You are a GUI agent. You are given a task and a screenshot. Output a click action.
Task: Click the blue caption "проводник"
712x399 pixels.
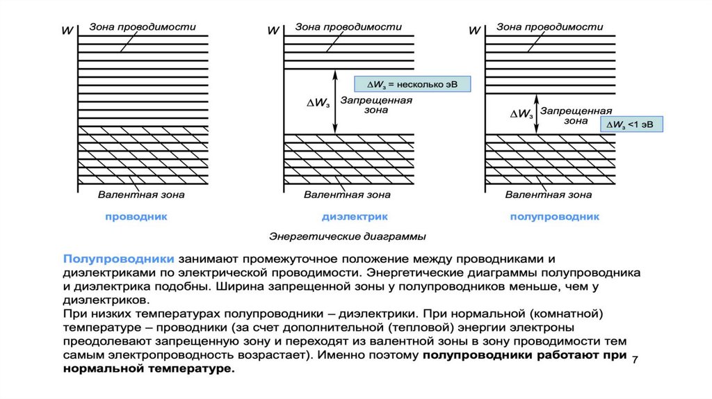[136, 217]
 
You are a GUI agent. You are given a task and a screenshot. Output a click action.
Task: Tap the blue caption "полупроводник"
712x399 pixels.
[554, 217]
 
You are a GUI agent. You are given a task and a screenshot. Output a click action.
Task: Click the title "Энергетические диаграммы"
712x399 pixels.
[348, 236]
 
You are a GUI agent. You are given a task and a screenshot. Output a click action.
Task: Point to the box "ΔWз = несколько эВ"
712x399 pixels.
[413, 85]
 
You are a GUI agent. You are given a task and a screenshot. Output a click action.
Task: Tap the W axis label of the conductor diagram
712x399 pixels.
[67, 31]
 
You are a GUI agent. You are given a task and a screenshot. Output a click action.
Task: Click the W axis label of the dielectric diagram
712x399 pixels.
[273, 31]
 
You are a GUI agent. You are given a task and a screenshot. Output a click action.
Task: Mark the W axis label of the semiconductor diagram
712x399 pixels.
[475, 31]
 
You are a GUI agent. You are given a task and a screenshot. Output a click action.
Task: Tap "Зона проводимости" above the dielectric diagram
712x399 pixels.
[348, 27]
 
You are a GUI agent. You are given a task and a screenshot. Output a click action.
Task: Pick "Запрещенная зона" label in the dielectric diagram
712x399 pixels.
[375, 105]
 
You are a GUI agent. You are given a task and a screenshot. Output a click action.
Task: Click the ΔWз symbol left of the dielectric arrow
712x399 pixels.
[317, 102]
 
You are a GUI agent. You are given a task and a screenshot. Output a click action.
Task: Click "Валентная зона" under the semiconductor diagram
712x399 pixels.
[549, 195]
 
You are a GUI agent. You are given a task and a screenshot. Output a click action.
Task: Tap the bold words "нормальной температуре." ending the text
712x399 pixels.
[149, 369]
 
